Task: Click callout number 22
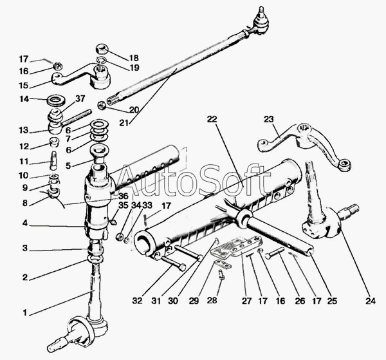click(212, 119)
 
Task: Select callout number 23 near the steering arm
click(268, 118)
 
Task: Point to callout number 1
click(25, 313)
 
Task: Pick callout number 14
click(24, 99)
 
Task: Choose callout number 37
click(80, 98)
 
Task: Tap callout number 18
click(133, 57)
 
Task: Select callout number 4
click(25, 225)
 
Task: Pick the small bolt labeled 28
click(221, 276)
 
